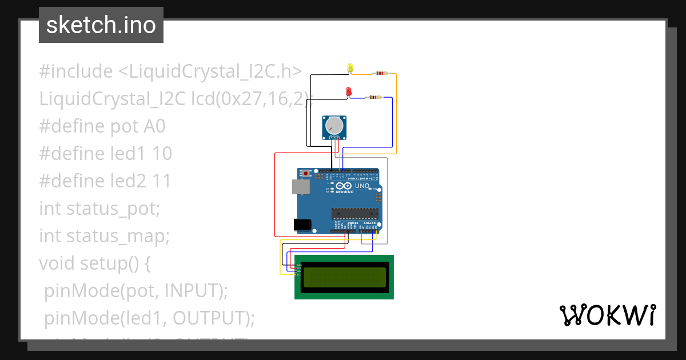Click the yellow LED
(x=350, y=68)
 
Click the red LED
(x=348, y=91)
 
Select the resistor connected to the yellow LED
(x=380, y=73)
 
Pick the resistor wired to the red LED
(x=374, y=97)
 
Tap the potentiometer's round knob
(x=334, y=125)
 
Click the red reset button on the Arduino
(x=306, y=173)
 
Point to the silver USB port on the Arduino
(x=299, y=186)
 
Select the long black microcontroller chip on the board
(x=354, y=214)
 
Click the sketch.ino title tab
(x=101, y=25)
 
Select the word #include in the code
(x=76, y=71)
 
